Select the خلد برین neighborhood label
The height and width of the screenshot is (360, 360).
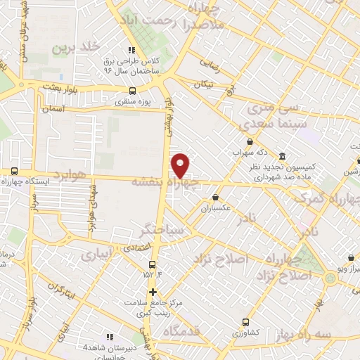coord(72,48)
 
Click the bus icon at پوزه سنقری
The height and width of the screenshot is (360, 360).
coord(133,91)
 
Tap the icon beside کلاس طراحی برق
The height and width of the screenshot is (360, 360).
coord(131,49)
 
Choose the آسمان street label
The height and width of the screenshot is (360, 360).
coord(53,109)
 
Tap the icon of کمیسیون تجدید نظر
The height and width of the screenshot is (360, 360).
coord(282,155)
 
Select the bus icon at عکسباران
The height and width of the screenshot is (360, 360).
coord(215,198)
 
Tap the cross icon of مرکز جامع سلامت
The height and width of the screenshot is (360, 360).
coord(152,291)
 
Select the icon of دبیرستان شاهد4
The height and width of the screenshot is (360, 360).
coord(108,337)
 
